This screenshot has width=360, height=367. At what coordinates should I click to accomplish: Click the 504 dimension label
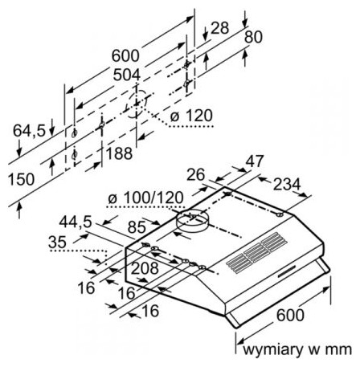[127, 75]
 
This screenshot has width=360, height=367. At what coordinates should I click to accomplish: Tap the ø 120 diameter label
[191, 116]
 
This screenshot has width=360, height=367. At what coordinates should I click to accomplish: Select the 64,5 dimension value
[29, 131]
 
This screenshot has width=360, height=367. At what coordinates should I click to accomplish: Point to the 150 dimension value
[22, 179]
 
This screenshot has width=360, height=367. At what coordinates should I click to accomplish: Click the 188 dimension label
[120, 153]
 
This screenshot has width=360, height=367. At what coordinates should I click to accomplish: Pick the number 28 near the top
[220, 28]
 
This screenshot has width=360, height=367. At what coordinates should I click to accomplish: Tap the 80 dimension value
[253, 37]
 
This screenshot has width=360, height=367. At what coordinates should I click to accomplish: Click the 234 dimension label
[287, 185]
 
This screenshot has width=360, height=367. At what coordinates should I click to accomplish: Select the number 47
[255, 161]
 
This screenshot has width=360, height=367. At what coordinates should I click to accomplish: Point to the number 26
[195, 175]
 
